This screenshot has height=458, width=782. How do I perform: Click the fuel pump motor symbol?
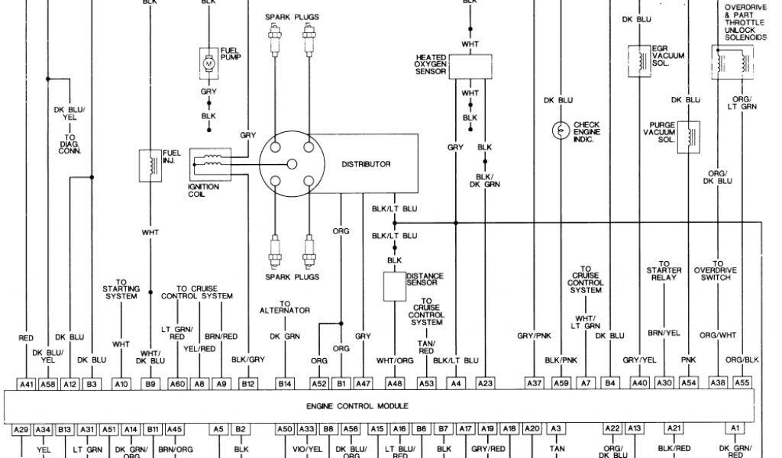(208, 62)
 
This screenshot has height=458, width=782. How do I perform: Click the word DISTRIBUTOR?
(366, 164)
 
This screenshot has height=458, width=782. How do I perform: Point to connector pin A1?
(735, 429)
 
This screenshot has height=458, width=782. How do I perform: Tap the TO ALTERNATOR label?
(285, 307)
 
